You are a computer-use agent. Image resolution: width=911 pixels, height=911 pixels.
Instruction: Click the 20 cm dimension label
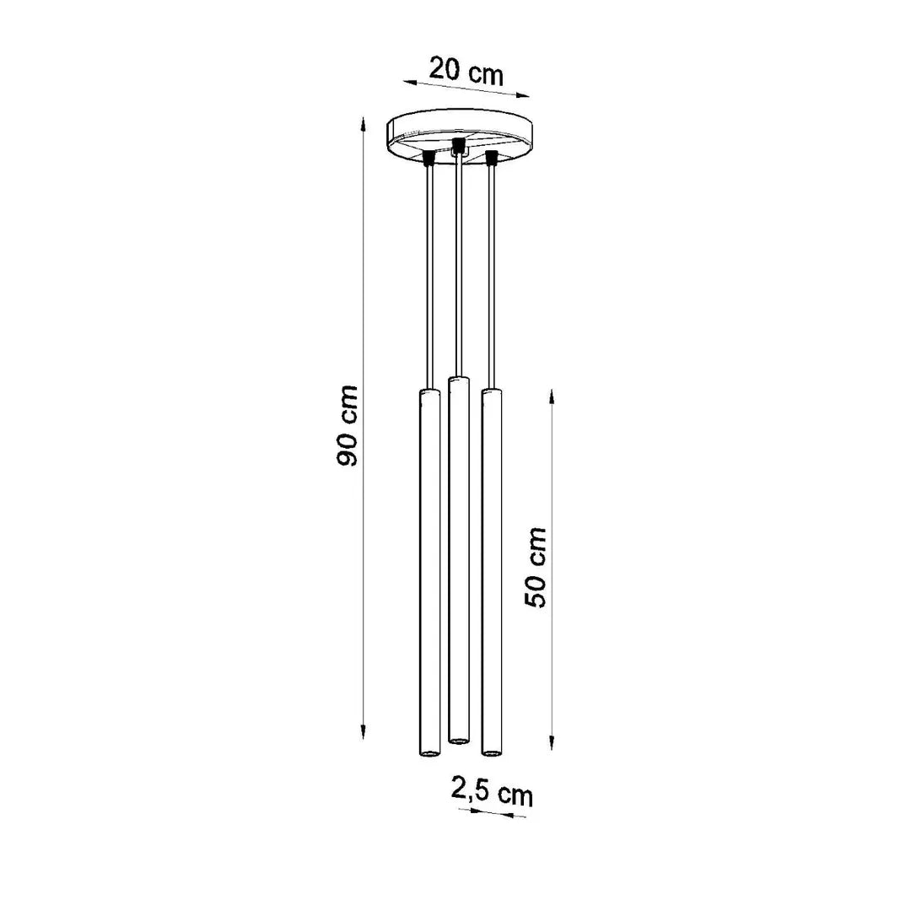click(x=466, y=70)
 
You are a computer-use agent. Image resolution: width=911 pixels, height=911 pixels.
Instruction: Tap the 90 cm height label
click(x=347, y=424)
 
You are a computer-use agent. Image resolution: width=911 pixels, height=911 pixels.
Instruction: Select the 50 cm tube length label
click(x=536, y=566)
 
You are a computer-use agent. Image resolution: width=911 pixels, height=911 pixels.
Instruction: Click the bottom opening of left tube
click(x=429, y=751)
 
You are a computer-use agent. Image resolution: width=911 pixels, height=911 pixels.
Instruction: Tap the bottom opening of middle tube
click(x=458, y=741)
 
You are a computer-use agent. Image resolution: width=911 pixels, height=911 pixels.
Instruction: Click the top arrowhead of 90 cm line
click(x=363, y=123)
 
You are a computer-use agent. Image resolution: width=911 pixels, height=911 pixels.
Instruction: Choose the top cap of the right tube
click(x=490, y=394)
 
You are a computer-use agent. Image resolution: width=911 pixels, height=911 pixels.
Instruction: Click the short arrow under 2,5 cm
click(x=492, y=814)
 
